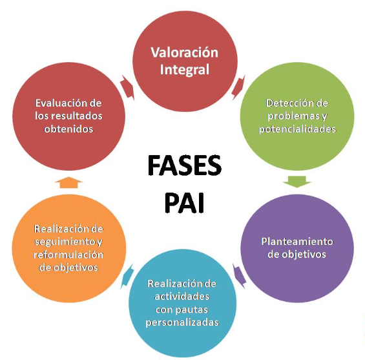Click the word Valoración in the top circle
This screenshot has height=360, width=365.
[x=184, y=52]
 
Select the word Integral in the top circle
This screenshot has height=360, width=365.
[x=184, y=70]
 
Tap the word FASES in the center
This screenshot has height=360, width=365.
[x=184, y=165]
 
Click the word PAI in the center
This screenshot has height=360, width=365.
[x=184, y=202]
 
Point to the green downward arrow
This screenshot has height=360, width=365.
[x=297, y=182]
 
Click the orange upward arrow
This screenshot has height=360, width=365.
[x=68, y=182]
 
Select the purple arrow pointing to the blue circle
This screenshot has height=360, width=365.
[x=240, y=276]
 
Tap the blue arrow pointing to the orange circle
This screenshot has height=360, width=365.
[x=127, y=276]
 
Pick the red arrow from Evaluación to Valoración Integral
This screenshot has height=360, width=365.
[x=127, y=88]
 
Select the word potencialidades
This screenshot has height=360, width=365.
[x=298, y=129]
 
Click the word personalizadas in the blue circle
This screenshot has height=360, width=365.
[x=182, y=323]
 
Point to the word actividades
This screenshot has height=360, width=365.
[x=182, y=297]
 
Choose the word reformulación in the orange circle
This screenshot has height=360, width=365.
[x=68, y=255]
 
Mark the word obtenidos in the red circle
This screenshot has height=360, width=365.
[x=68, y=129]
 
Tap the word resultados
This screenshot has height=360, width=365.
[x=77, y=116]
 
